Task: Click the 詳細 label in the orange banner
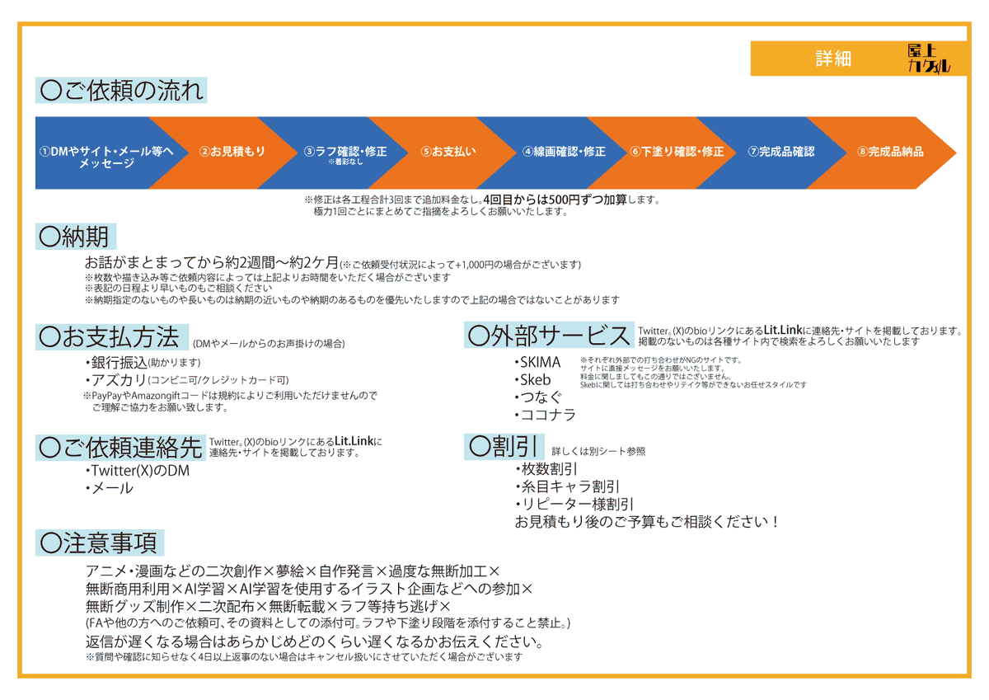(832, 59)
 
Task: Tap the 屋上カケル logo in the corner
(929, 59)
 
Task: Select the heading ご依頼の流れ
(121, 91)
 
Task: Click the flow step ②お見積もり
(232, 152)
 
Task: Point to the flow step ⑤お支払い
(448, 152)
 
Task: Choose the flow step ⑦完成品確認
(780, 152)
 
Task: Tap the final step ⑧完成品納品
(890, 152)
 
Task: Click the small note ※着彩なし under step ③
(345, 162)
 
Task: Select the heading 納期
(73, 237)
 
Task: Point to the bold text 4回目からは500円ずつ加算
(555, 200)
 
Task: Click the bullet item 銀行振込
(120, 363)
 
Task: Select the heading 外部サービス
(549, 336)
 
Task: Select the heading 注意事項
(99, 543)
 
